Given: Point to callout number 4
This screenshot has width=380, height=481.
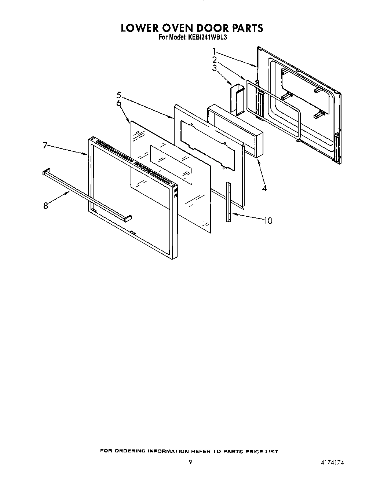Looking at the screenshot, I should pyautogui.click(x=264, y=188).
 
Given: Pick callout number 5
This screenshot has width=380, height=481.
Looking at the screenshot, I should pyautogui.click(x=119, y=95).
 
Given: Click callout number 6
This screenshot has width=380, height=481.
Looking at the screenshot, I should pyautogui.click(x=119, y=103).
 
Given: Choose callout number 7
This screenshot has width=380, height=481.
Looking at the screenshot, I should pyautogui.click(x=45, y=146).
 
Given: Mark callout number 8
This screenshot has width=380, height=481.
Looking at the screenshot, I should pyautogui.click(x=45, y=206).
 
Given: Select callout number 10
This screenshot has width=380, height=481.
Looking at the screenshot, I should pyautogui.click(x=268, y=220).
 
